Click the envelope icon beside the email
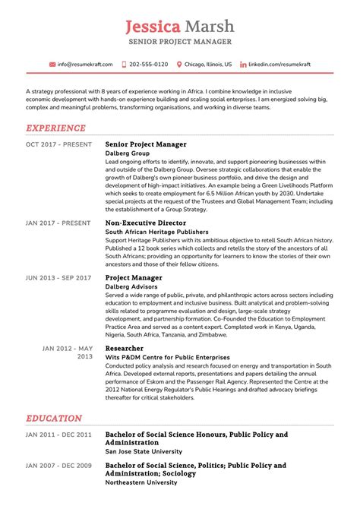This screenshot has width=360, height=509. [x=52, y=65]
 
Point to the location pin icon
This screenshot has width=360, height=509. [x=179, y=65]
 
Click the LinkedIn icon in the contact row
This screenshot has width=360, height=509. [x=243, y=65]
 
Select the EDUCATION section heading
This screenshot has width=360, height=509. [x=54, y=418]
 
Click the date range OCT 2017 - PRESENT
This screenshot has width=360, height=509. [x=59, y=144]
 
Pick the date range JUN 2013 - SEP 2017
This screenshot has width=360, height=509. [x=59, y=278]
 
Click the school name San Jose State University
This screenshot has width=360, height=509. [x=147, y=451]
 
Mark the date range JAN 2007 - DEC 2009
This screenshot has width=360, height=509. [x=59, y=465]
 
